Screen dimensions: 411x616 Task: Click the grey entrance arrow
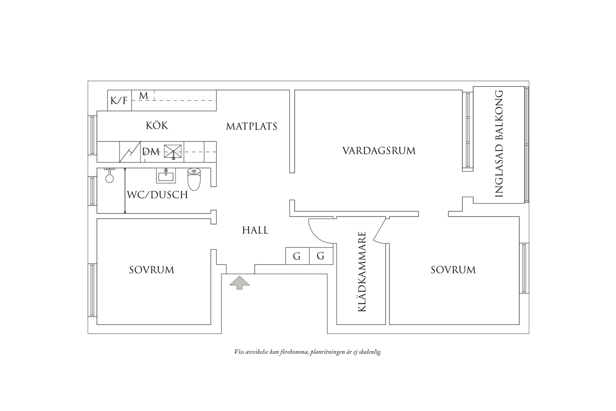239,283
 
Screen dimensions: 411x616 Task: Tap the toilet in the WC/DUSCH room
194,179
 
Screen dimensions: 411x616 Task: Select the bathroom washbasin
166,176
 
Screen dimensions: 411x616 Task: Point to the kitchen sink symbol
173,151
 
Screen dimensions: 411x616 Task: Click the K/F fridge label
119,101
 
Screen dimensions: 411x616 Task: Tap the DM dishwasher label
151,152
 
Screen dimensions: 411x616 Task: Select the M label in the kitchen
144,96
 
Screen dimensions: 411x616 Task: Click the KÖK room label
157,125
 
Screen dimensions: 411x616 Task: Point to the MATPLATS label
252,126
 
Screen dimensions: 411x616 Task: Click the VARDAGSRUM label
379,151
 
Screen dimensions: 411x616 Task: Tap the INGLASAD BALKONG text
499,144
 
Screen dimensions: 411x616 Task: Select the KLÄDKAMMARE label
362,272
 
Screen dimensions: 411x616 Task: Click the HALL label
255,230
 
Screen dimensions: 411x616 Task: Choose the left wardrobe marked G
297,256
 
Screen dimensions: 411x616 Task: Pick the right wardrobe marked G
321,256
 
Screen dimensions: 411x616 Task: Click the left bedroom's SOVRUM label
152,270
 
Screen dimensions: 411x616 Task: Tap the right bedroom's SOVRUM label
453,270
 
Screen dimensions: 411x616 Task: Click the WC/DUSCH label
157,195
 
